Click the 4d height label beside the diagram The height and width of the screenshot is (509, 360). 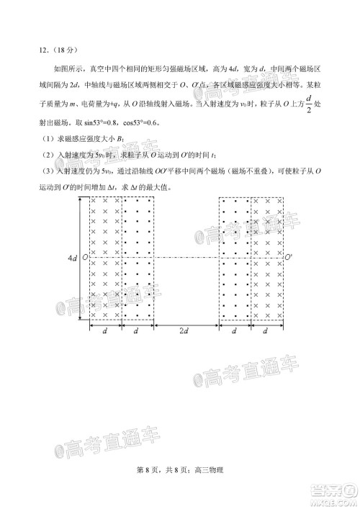click(73, 257)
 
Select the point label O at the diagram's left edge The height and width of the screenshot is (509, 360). click(85, 257)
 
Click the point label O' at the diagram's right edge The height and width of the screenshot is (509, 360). click(289, 257)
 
